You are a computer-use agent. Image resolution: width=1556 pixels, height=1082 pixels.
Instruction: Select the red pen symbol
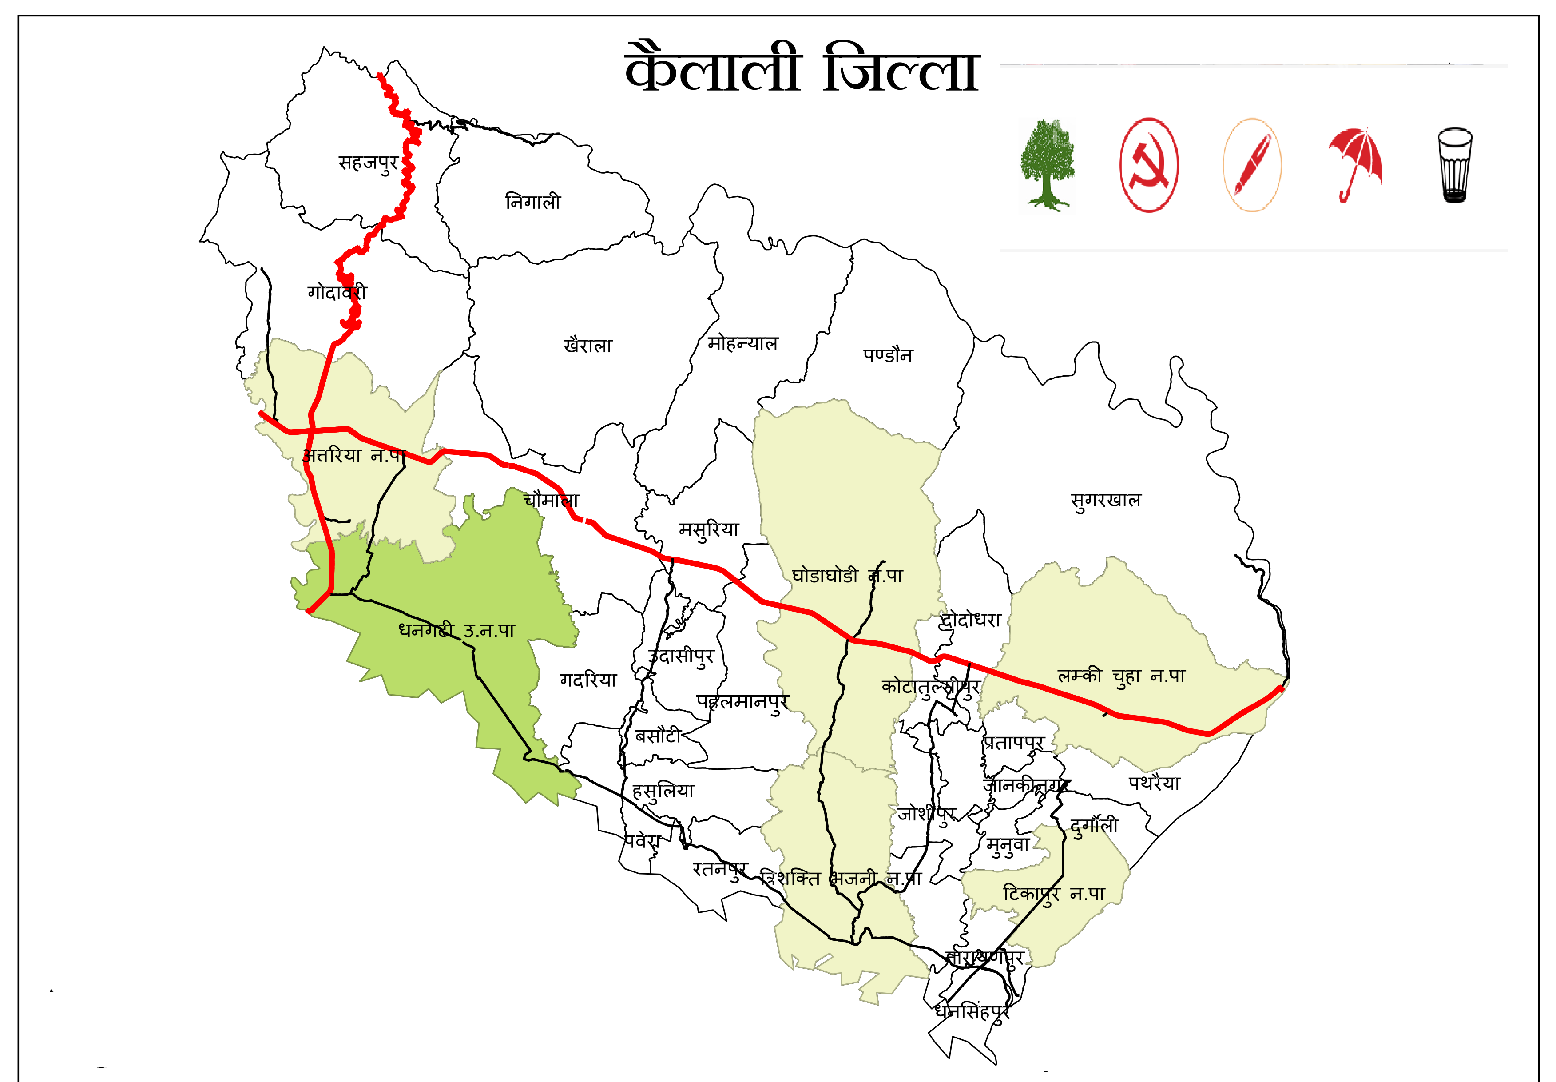(x=1252, y=165)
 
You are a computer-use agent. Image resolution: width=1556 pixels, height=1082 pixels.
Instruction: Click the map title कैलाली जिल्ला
(x=802, y=68)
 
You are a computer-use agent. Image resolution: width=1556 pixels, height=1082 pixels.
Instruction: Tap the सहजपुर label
(x=368, y=163)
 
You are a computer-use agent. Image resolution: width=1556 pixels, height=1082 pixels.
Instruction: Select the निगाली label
(x=533, y=201)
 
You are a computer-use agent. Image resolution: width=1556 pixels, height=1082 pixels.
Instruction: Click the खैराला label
(x=587, y=345)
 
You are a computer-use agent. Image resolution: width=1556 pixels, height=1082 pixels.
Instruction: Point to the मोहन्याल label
(x=743, y=343)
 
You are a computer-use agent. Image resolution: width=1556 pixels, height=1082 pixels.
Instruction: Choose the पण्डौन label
(x=888, y=354)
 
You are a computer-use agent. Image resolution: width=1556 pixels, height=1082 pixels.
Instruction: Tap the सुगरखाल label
(x=1105, y=500)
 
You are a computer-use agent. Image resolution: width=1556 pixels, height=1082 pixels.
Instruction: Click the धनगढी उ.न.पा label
(x=457, y=630)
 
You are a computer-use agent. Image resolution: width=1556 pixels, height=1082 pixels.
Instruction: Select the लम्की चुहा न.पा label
(x=1122, y=676)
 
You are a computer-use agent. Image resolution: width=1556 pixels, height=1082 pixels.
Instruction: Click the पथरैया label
(x=1154, y=783)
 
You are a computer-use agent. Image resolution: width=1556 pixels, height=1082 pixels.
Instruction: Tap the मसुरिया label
(x=709, y=529)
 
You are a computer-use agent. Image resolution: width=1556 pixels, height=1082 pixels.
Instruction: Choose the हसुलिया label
(x=663, y=791)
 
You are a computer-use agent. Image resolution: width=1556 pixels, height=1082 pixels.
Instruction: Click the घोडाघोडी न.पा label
(x=847, y=576)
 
